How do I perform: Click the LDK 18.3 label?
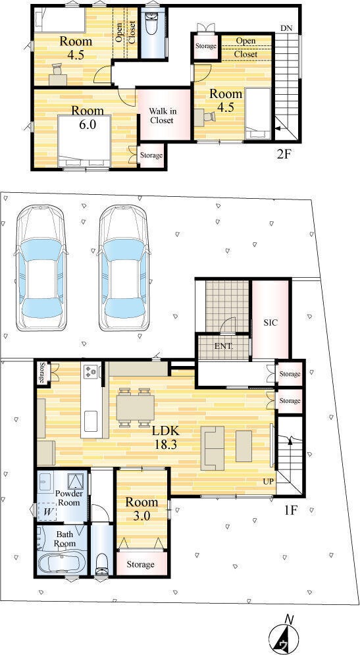tap(167, 437)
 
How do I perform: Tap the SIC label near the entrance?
tap(270, 323)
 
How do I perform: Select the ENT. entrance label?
tap(223, 346)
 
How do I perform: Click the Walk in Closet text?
tap(162, 116)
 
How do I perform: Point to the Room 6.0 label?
tap(88, 117)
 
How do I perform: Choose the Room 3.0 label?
tap(142, 508)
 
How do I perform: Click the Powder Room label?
tap(69, 498)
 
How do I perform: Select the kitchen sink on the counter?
tap(91, 421)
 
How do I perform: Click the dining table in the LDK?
tap(136, 407)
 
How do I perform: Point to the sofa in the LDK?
tap(213, 448)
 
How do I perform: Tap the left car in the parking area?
tap(41, 268)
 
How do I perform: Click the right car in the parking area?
tap(123, 268)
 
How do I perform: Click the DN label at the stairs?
tap(286, 28)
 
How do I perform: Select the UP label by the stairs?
tap(269, 481)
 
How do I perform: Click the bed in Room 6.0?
tap(84, 142)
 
